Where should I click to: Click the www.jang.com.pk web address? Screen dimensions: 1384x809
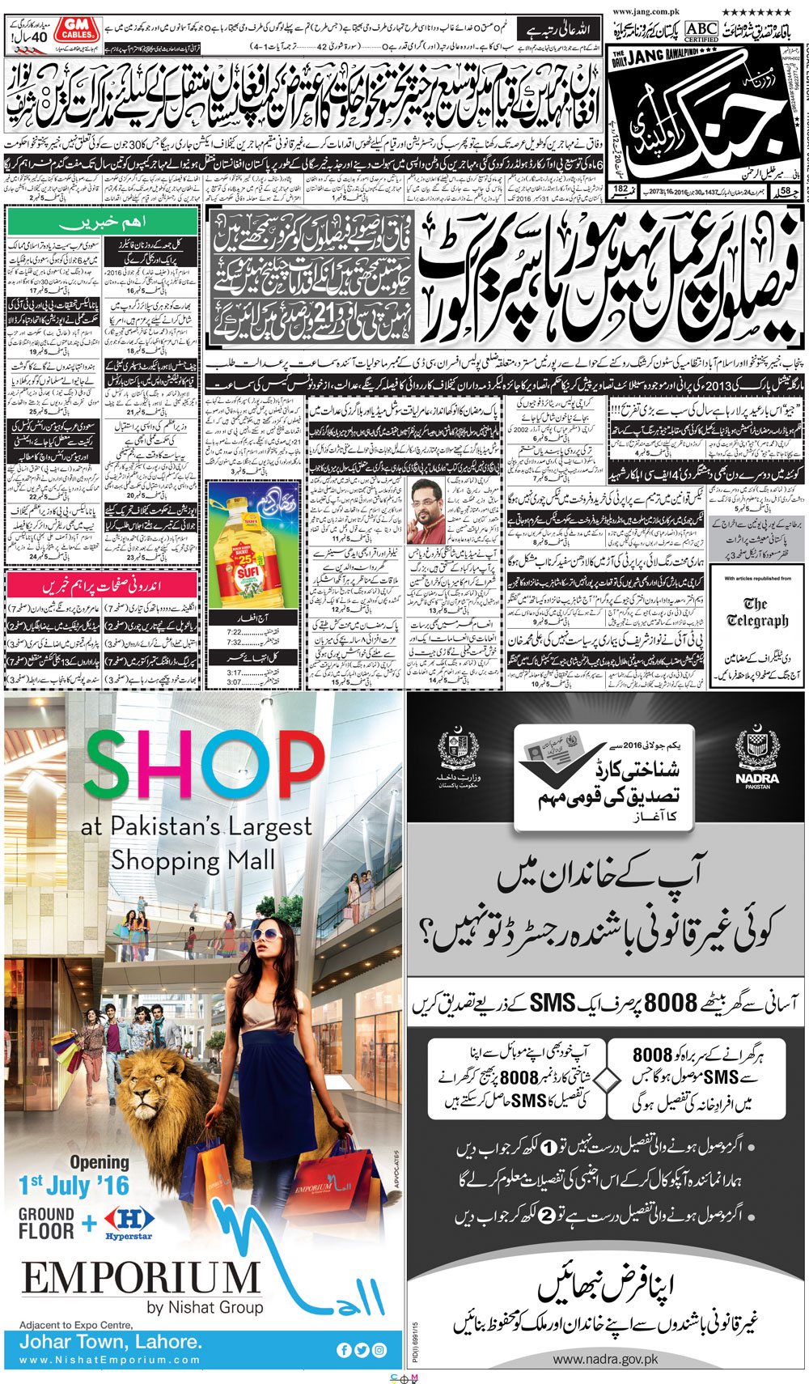pos(646,12)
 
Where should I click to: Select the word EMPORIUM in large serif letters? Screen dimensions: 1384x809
pos(141,1280)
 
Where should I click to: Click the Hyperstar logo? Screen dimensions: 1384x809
pos(129,1222)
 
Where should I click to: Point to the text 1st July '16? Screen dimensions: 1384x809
pos(74,1186)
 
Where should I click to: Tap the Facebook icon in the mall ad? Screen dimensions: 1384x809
pos(344,1350)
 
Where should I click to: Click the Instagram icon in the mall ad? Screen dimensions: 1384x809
pos(379,1350)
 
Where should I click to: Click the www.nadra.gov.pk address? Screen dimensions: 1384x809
pos(605,1360)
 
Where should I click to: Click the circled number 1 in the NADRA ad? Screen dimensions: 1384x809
pos(548,1147)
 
